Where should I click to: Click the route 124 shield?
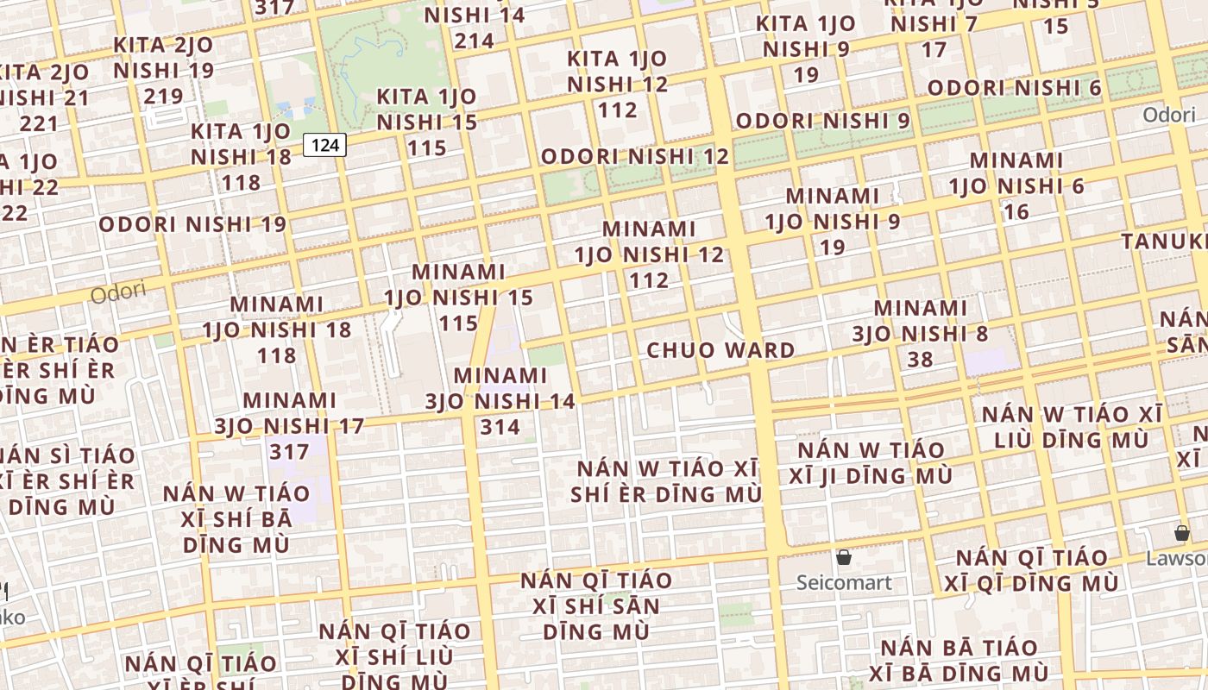(324, 145)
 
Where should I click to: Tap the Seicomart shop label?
(844, 582)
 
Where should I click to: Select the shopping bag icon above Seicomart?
(844, 557)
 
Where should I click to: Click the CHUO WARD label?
(720, 350)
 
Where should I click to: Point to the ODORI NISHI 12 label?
(634, 156)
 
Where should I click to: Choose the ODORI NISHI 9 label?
(822, 121)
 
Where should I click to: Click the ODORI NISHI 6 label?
(1014, 87)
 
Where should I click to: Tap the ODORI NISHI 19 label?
(192, 224)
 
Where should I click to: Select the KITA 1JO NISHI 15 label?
(426, 122)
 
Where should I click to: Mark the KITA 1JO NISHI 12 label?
(617, 84)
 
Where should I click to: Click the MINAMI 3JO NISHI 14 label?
(500, 401)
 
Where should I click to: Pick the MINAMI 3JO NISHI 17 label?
(289, 425)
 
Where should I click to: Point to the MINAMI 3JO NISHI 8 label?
(921, 333)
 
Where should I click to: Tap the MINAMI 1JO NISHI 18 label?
(277, 329)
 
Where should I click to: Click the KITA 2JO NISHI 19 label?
(163, 70)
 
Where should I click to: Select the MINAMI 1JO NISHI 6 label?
(1016, 185)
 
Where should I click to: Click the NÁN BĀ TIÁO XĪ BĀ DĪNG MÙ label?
(959, 660)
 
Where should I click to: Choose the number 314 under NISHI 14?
(500, 426)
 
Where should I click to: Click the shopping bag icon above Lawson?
(1181, 533)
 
